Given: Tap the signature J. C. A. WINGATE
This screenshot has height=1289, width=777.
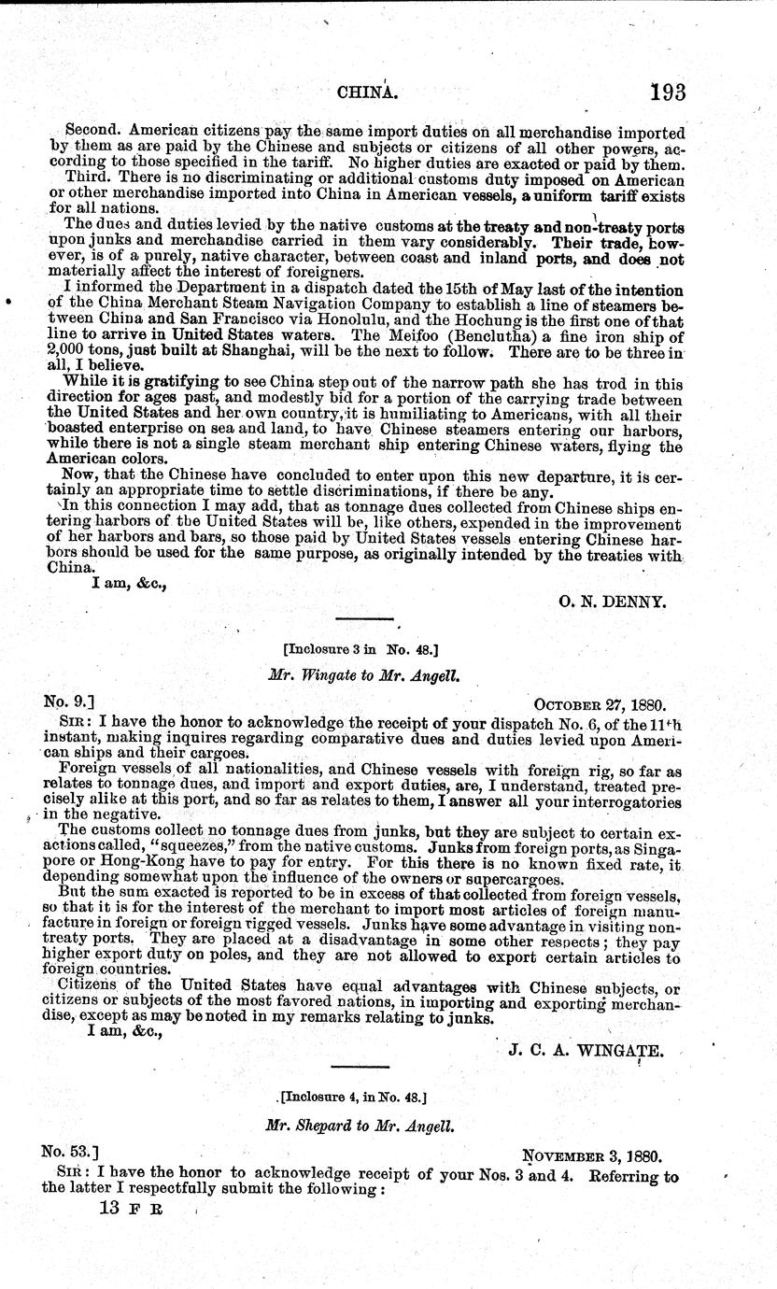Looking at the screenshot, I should pos(586,1050).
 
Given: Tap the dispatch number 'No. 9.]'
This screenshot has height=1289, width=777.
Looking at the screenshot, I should pos(67,699).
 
